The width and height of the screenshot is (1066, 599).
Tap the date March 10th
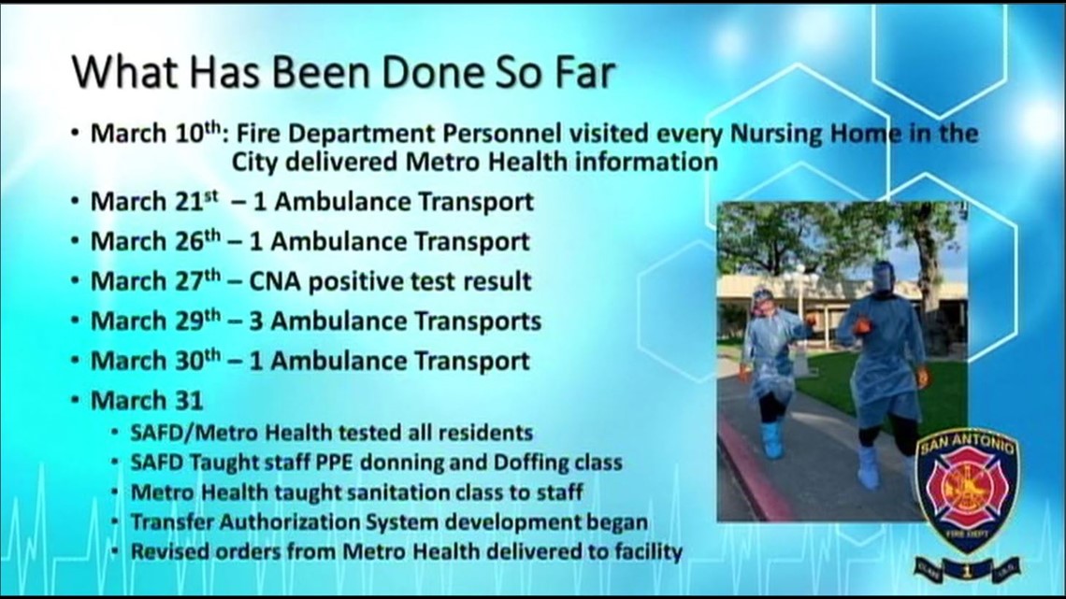click(155, 133)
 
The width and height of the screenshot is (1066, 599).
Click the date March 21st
click(154, 202)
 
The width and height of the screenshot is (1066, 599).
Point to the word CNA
click(275, 281)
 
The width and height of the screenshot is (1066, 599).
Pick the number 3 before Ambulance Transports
click(255, 321)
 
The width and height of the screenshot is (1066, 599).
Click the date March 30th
click(155, 361)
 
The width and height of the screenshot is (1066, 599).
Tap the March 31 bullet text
click(147, 401)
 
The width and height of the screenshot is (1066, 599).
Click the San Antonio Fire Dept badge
click(968, 486)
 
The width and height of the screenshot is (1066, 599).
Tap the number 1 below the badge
click(967, 569)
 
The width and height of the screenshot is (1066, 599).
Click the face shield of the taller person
click(883, 278)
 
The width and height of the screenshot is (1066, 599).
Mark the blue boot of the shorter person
click(772, 439)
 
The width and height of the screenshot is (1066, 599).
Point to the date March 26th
click(155, 241)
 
